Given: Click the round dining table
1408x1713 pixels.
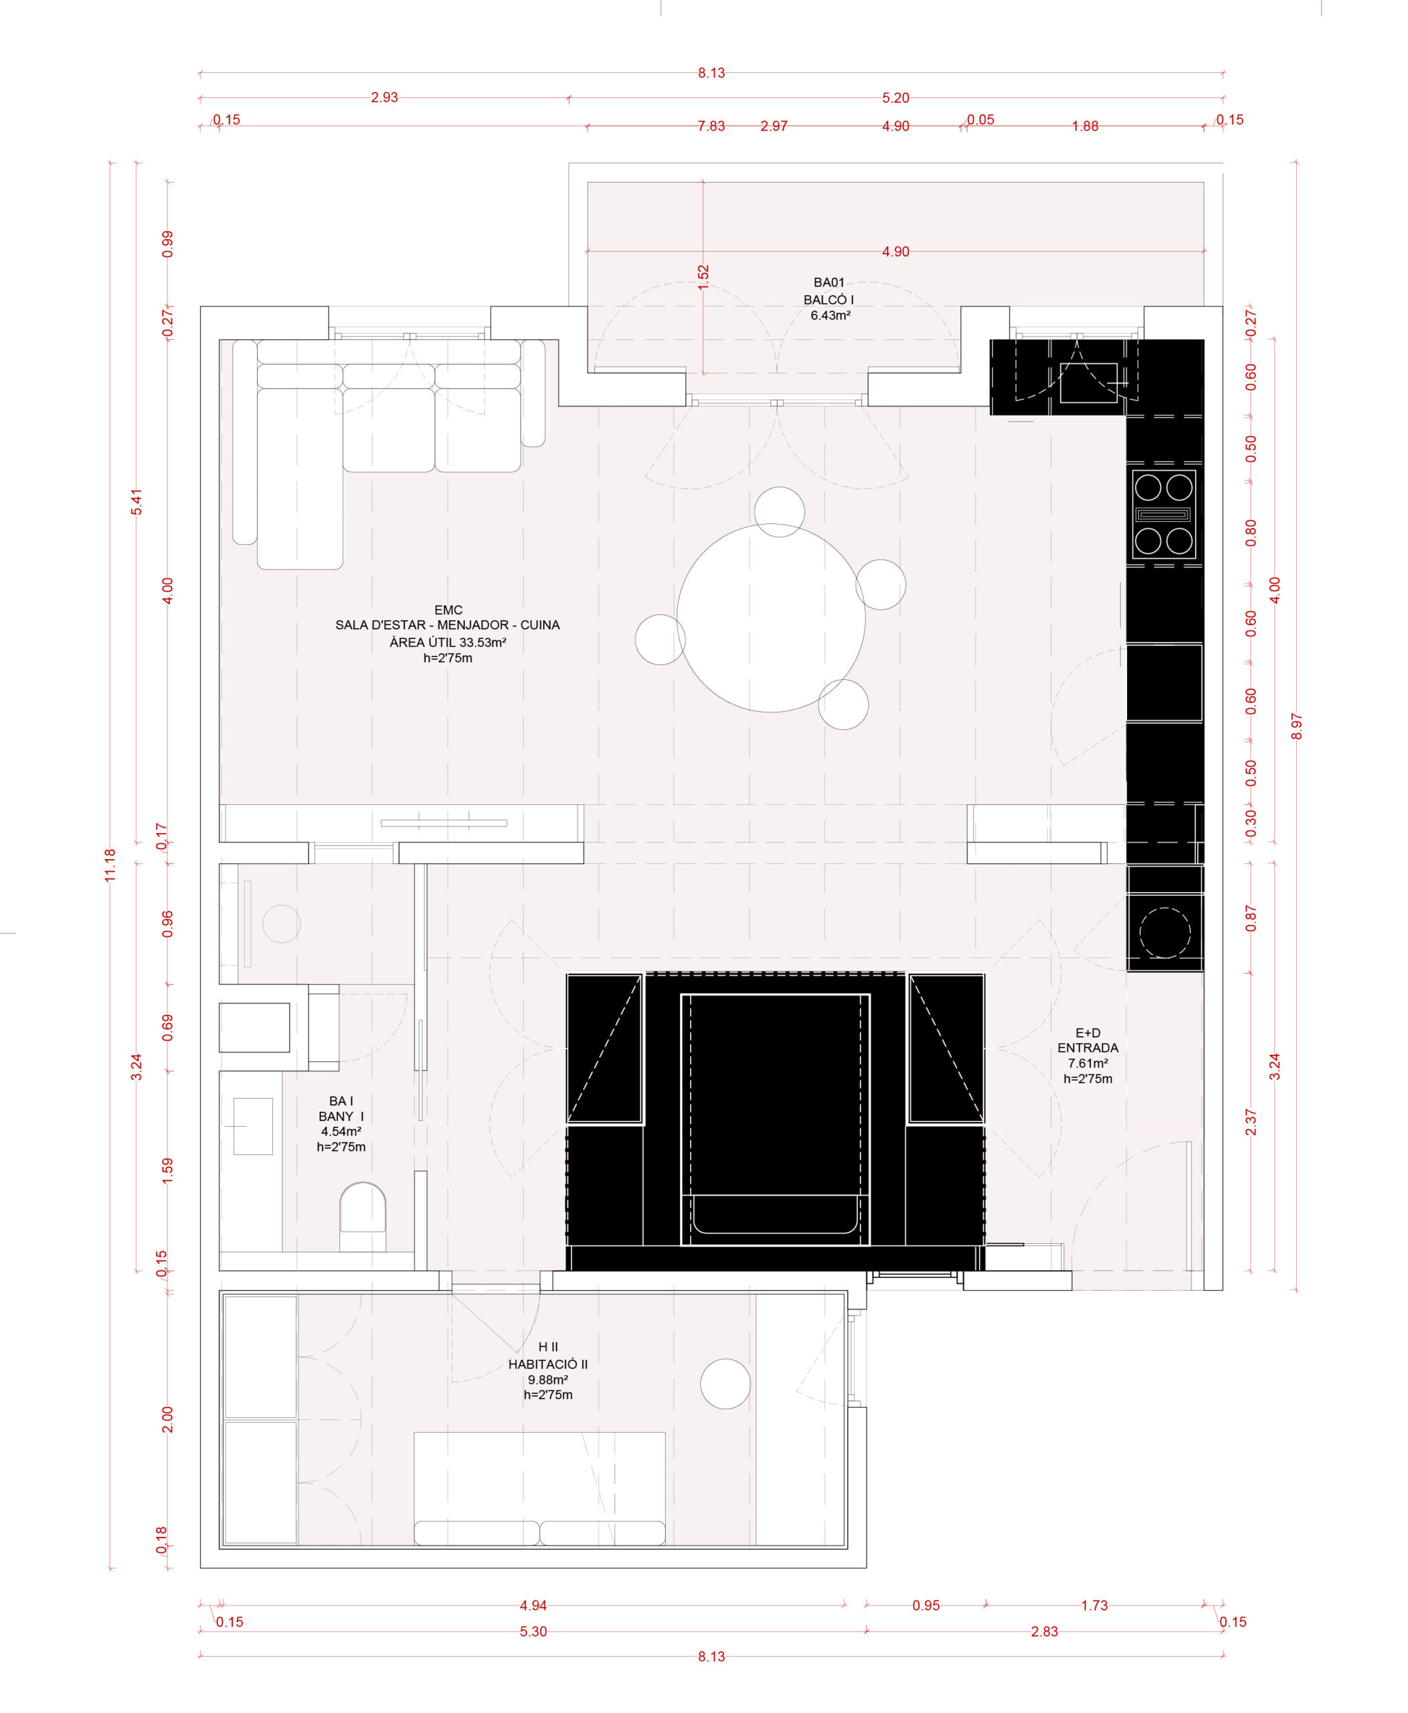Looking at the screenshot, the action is pyautogui.click(x=772, y=618).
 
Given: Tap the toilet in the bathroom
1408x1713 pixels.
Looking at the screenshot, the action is pyautogui.click(x=363, y=1216).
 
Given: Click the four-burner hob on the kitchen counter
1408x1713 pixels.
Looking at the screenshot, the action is pyautogui.click(x=1164, y=514).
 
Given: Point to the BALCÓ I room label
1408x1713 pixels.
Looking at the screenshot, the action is pyautogui.click(x=829, y=299).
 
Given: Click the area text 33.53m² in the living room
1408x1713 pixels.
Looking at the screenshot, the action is pyautogui.click(x=483, y=642).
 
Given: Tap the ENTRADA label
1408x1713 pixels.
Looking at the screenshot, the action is pyautogui.click(x=1087, y=1048).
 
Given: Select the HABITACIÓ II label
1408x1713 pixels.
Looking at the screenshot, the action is pyautogui.click(x=548, y=1364).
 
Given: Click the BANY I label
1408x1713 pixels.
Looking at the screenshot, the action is pyautogui.click(x=341, y=1116).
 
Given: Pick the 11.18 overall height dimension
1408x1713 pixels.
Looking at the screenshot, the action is pyautogui.click(x=110, y=865).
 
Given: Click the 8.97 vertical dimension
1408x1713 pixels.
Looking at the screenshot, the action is pyautogui.click(x=1296, y=726).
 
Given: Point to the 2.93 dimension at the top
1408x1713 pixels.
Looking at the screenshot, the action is pyautogui.click(x=384, y=97).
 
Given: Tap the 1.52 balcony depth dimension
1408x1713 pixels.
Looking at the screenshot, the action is pyautogui.click(x=703, y=276).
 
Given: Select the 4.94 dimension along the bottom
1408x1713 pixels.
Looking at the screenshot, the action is pyautogui.click(x=533, y=1605).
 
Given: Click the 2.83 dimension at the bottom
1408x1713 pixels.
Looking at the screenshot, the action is pyautogui.click(x=1044, y=1631).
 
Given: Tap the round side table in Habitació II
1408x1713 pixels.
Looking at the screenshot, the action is pyautogui.click(x=726, y=1384).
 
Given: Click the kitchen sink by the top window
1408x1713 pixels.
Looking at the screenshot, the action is pyautogui.click(x=1088, y=383).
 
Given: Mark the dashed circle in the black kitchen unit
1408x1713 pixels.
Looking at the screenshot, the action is pyautogui.click(x=1164, y=933).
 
